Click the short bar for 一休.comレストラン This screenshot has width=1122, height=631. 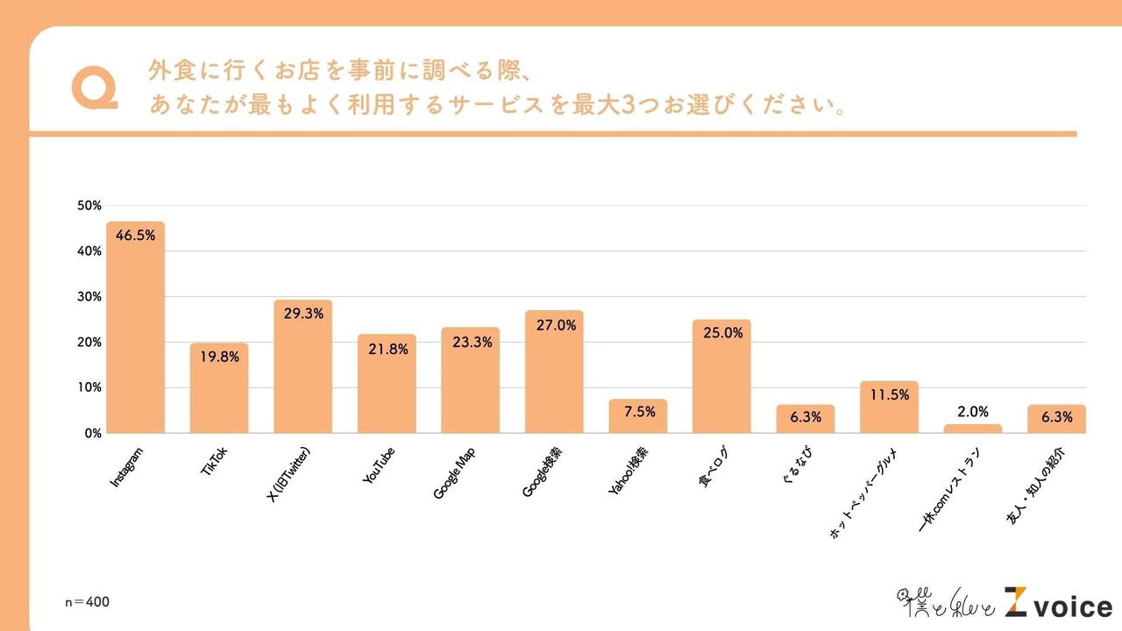973,429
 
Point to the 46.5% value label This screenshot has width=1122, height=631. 135,237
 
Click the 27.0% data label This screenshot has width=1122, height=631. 554,325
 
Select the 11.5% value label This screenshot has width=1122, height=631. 889,395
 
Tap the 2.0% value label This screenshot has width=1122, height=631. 973,411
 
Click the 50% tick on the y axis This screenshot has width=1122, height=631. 89,205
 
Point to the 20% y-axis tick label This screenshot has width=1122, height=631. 89,342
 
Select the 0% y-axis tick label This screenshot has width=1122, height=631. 93,433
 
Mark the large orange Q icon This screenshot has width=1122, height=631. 94,89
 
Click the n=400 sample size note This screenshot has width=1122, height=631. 88,602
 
